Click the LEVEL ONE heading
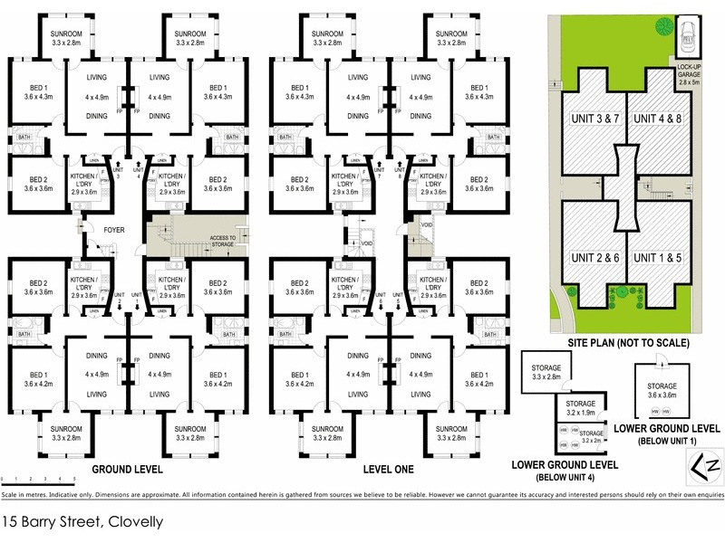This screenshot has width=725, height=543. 387,470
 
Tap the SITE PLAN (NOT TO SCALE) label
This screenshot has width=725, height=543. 628,344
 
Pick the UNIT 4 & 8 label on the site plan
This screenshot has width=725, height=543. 656,119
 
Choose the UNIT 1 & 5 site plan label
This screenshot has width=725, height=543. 656,258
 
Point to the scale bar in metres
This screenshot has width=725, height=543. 36,477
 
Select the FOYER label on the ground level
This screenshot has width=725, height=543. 113,230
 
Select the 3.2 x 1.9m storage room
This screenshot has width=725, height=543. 580,408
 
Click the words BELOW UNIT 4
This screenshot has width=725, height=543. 565,476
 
